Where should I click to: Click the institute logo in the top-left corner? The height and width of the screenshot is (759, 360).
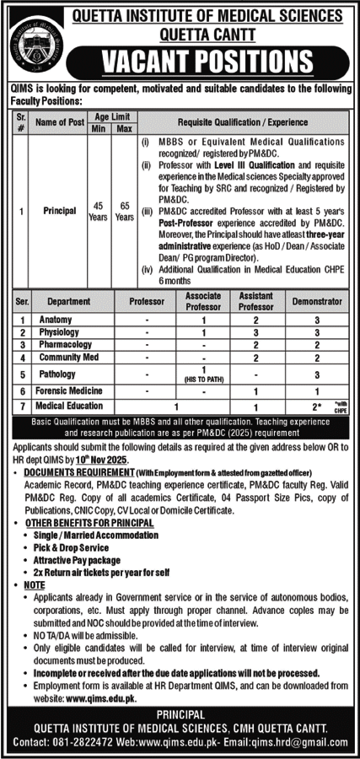33,39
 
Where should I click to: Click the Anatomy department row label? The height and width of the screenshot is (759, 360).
56,320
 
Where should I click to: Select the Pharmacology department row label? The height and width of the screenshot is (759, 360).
63,345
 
